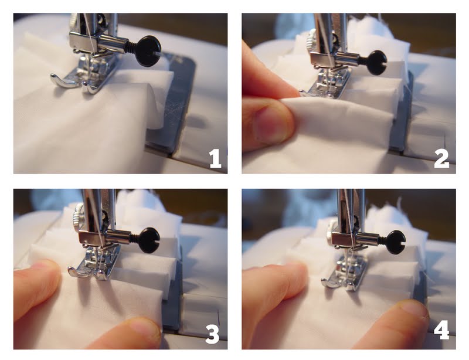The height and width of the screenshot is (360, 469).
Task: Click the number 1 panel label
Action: [x=215, y=158]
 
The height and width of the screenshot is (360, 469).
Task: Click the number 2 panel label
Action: [x=441, y=158]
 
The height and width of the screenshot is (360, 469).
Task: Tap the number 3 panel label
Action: [x=212, y=334]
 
